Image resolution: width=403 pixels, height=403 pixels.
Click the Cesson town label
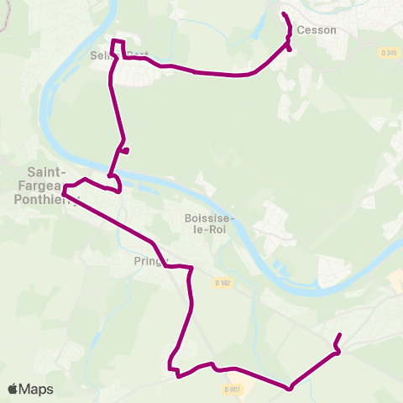(317, 30)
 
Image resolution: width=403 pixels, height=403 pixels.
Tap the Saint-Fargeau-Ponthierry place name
(39, 186)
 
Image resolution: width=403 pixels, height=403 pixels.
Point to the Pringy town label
(149, 261)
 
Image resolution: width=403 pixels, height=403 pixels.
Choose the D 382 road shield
(221, 282)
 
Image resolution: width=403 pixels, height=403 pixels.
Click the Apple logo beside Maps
(13, 390)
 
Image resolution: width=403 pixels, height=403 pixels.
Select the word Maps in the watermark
(36, 390)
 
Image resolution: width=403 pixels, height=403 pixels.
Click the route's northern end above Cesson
(284, 14)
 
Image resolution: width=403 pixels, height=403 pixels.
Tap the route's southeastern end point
(339, 336)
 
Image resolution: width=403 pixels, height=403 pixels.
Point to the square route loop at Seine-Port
(118, 48)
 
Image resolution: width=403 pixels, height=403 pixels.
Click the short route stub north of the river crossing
(125, 151)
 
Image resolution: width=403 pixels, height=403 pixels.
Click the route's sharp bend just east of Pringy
(191, 269)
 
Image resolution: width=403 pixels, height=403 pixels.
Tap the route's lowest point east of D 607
(290, 388)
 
